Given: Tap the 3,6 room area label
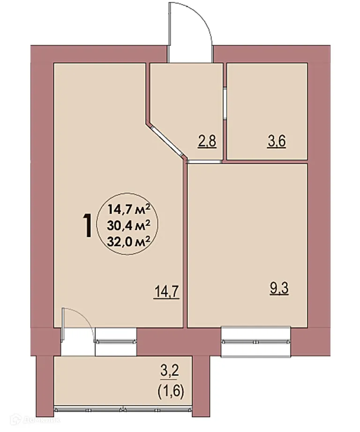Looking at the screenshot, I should pos(277,141).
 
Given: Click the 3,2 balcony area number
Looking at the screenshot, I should pos(170,374).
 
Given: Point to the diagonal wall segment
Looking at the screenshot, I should pos(165,139).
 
